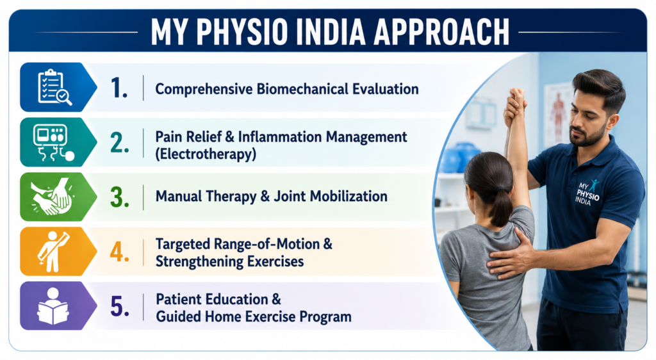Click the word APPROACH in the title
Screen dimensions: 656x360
click(441, 32)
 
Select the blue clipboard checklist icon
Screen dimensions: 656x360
click(54, 87)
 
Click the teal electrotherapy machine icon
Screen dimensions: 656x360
click(54, 142)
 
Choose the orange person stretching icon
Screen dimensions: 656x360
click(53, 251)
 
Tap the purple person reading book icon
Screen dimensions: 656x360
click(53, 306)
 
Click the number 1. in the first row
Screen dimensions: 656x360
click(119, 88)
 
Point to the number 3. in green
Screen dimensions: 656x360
click(120, 197)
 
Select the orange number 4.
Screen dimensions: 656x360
click(120, 252)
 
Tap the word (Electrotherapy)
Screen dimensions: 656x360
click(206, 154)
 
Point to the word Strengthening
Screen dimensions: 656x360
click(199, 262)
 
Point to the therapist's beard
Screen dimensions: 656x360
click(589, 136)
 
